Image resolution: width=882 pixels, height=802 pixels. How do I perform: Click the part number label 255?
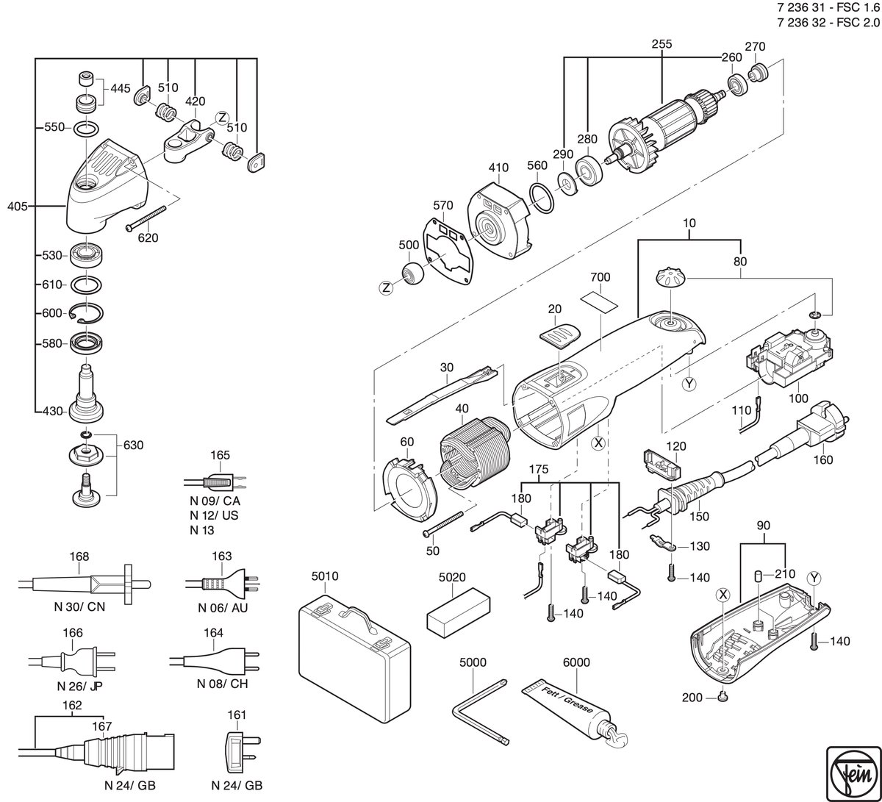pos(661,44)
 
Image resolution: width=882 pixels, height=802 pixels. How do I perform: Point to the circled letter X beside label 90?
pos(723,595)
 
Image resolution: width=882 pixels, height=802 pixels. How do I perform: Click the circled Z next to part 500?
pos(386,288)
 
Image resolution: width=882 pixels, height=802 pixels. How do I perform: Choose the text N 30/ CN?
pos(79,606)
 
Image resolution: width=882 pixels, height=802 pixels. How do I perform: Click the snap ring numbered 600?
pos(87,313)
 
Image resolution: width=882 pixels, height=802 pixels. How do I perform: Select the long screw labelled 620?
pos(146,217)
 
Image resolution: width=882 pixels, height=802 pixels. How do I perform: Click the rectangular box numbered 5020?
pos(458,612)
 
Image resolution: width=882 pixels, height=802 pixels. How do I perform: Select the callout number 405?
pos(18,207)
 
